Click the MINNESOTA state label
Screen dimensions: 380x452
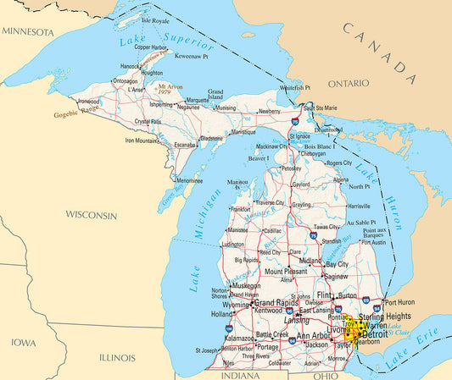coord(28,31)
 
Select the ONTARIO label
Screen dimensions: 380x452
coord(349,84)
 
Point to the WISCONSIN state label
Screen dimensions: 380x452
coord(92,215)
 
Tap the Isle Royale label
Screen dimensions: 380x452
coord(155,19)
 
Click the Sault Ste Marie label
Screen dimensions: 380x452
coord(321,108)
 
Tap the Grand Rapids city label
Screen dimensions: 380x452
coord(278,302)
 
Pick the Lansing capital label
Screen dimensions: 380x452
coord(296,321)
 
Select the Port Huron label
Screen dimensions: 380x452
coord(401,301)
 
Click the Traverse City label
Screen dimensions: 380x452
coord(271,203)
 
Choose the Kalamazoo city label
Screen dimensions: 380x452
coord(238,338)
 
